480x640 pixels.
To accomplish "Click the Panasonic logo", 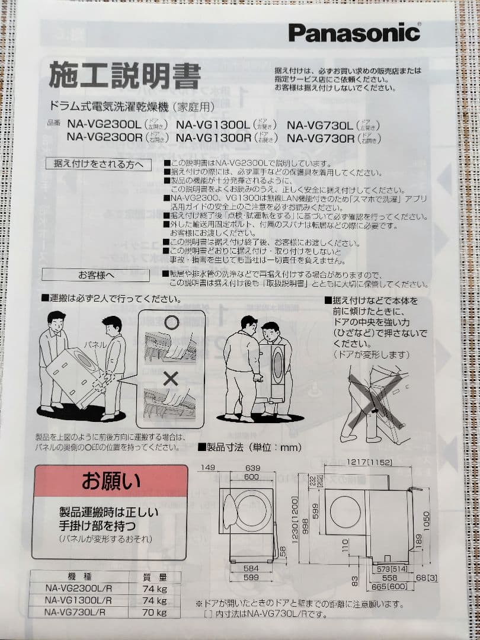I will pos(354,32).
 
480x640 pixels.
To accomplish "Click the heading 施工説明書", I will pos(124,76).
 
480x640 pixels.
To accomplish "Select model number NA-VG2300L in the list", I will pos(104,125).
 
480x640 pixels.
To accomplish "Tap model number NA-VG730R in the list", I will pos(321,137).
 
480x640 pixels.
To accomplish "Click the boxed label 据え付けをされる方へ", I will pos(98,164).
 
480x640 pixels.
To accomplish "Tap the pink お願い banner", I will pos(110,480).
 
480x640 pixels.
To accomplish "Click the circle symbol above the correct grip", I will pos(171,322).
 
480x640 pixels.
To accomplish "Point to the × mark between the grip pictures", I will pos(171,377).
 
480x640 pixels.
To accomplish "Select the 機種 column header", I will pos(69,577).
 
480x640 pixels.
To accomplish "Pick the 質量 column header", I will pos(154,577).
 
